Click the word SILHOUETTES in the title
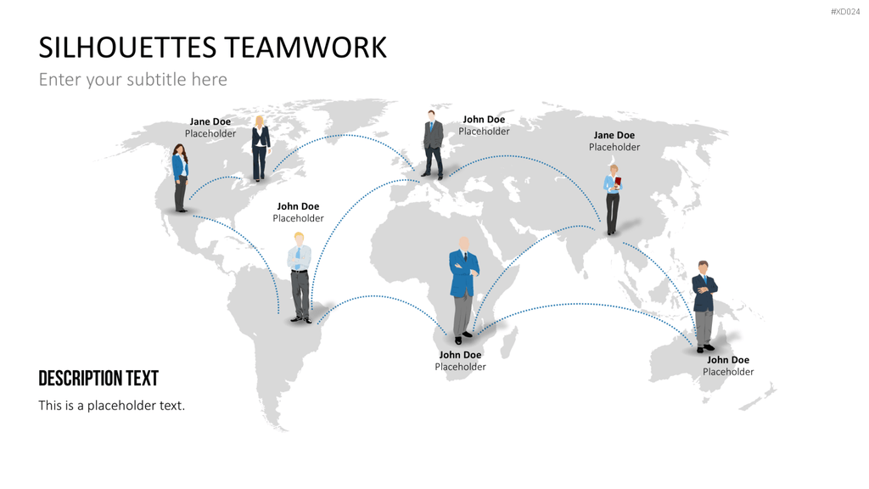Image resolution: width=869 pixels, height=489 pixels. tap(127, 48)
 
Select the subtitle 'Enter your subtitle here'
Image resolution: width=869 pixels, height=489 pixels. tap(133, 79)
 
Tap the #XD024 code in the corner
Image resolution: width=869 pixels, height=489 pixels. tap(845, 12)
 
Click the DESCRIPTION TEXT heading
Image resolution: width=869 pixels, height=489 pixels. tap(98, 378)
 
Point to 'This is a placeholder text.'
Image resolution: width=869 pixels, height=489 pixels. tap(111, 405)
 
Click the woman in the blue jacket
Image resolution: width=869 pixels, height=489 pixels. tap(180, 177)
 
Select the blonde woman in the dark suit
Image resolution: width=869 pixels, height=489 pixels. tap(260, 148)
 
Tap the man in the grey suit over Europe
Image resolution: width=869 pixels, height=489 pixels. tap(433, 144)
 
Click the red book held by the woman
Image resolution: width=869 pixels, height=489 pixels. tap(618, 183)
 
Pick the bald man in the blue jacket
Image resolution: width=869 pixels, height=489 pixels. tap(463, 290)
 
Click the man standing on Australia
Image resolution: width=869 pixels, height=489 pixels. tap(704, 306)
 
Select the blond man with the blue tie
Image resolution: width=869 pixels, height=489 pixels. tap(300, 278)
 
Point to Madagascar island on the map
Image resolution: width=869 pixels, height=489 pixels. tap(509, 342)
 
